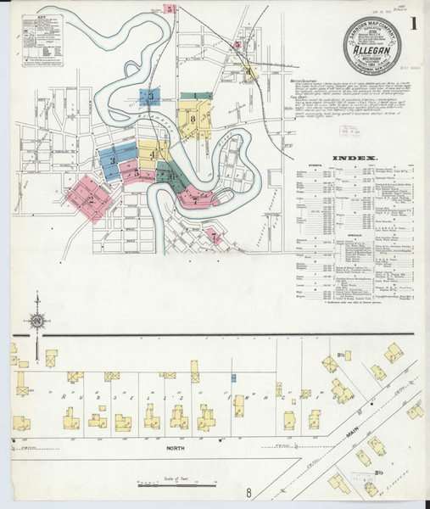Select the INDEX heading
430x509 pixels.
point(351,159)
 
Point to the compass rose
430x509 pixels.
point(36,320)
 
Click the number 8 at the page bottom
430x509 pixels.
point(249,493)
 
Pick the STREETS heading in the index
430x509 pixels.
point(312,168)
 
